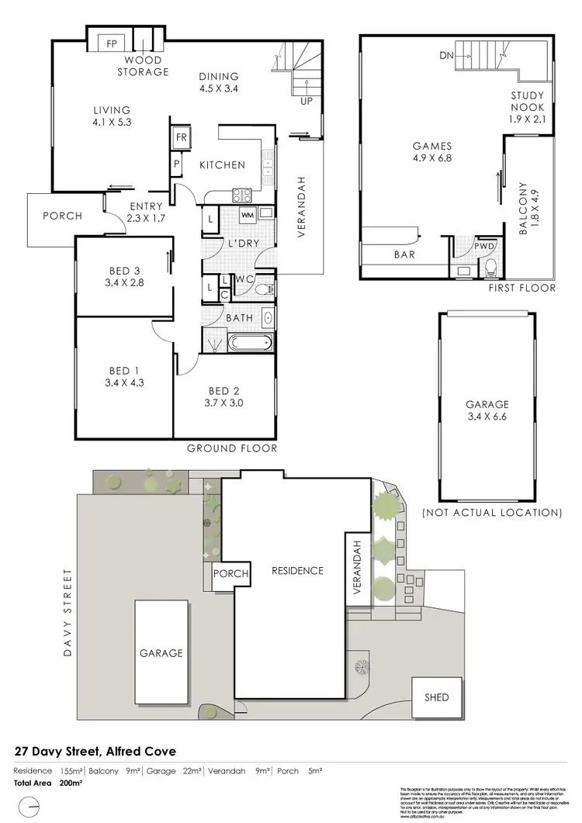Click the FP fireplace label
tap(112, 43)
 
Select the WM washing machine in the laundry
tap(248, 214)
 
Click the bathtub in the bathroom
tap(248, 342)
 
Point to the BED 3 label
tap(124, 270)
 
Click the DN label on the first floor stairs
tap(445, 55)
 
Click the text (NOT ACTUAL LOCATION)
tap(491, 513)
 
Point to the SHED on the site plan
tap(436, 697)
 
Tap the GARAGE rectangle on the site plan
tap(161, 652)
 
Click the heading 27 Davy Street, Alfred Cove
tap(95, 752)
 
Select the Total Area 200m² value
tap(70, 784)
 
